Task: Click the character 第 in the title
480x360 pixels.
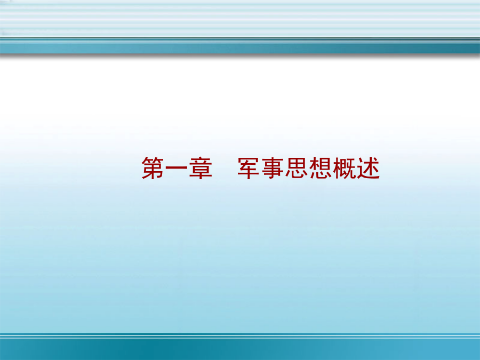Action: click(x=153, y=168)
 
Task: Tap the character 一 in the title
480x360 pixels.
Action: click(x=177, y=168)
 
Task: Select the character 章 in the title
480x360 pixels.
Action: click(x=201, y=168)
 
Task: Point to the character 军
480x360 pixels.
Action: click(x=248, y=168)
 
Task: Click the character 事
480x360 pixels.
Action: click(x=273, y=168)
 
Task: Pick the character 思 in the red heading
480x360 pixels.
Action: click(x=297, y=168)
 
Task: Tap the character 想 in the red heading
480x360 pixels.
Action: click(x=320, y=168)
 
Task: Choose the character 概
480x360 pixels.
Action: click(x=345, y=168)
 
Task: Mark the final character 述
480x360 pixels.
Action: click(x=368, y=168)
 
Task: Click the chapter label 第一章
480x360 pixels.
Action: click(x=177, y=168)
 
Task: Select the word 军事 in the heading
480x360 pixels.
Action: click(x=260, y=168)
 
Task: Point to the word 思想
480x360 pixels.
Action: click(x=308, y=168)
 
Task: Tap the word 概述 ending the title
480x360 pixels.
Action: click(x=356, y=168)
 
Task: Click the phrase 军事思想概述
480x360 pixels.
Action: click(x=309, y=168)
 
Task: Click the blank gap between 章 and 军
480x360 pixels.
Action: click(x=225, y=168)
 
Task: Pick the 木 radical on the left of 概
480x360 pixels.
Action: click(x=337, y=168)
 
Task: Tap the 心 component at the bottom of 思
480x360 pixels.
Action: click(x=297, y=174)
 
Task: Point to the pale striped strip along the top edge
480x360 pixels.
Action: click(x=240, y=18)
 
